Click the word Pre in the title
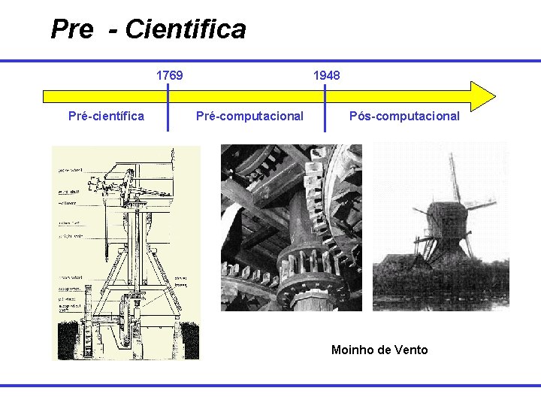tap(71, 30)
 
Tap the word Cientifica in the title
tap(186, 30)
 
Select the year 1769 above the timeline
tap(169, 75)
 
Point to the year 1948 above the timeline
tap(326, 75)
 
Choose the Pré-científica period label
tap(106, 116)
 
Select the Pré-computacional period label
tap(249, 116)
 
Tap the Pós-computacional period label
tap(404, 116)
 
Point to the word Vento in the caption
tap(410, 350)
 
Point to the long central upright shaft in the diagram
tap(140, 241)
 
